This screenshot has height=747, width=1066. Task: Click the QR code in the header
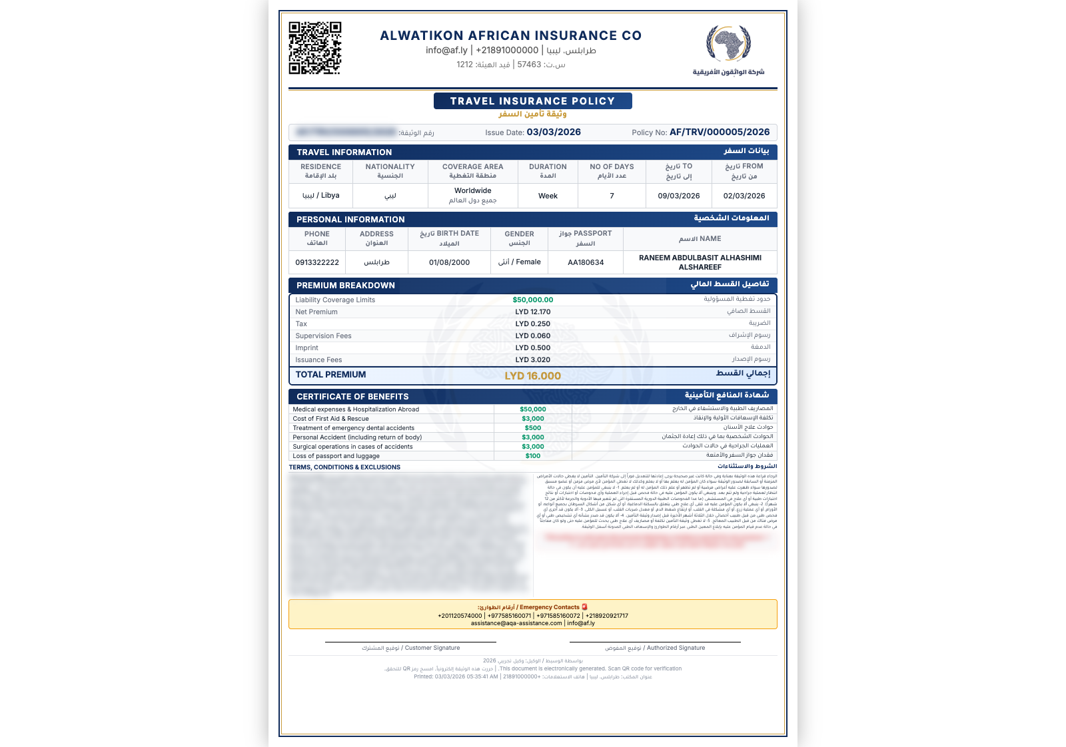314,48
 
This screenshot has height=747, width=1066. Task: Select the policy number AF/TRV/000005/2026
720,132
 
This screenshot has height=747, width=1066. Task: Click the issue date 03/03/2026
554,132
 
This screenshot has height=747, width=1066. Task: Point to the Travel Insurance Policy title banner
532,101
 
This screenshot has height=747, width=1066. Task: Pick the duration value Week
548,196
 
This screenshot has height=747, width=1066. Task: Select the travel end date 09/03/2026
678,196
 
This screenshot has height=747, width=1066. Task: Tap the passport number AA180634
586,262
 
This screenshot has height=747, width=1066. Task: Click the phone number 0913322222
317,262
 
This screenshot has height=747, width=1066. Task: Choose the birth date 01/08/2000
449,262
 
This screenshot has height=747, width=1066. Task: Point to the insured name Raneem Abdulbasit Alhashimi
700,262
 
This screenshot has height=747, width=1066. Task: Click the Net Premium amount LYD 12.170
532,312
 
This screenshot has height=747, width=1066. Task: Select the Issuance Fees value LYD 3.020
532,360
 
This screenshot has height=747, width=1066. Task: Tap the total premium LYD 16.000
532,376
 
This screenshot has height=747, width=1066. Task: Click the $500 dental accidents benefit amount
532,428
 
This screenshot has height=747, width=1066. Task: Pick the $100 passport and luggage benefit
532,456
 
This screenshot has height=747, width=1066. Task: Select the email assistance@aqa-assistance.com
516,623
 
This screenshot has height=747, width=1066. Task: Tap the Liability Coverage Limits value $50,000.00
532,300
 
